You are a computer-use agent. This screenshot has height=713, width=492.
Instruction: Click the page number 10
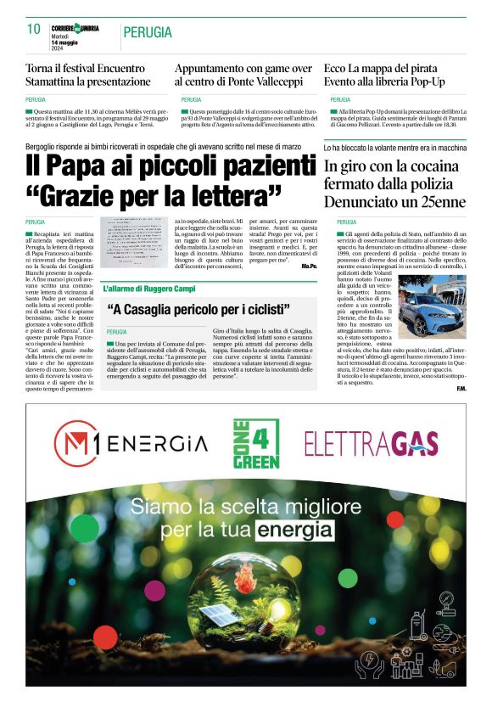click(34, 30)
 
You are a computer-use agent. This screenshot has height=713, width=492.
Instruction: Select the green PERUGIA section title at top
click(147, 32)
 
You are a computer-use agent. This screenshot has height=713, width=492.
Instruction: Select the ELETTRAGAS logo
click(371, 444)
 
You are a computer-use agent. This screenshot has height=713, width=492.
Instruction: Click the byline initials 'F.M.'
click(461, 389)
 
